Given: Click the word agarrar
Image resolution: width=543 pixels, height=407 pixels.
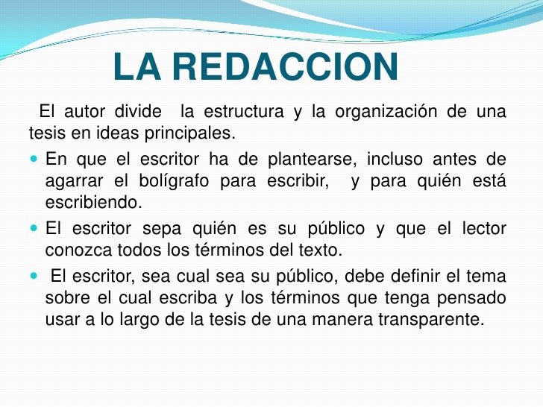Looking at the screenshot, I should (x=74, y=180).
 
